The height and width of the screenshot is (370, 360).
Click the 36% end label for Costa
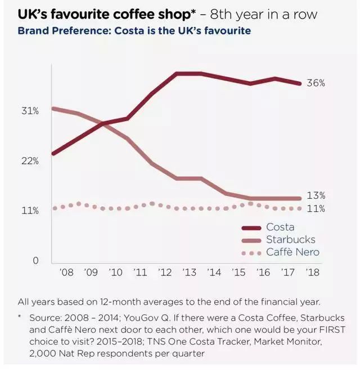[x=316, y=83]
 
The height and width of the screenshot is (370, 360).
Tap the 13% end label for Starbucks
[x=316, y=196]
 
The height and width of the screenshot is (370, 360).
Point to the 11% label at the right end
[x=316, y=208]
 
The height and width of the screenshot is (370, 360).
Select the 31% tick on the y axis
[x=30, y=111]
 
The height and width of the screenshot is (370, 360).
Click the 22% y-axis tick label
[x=30, y=161]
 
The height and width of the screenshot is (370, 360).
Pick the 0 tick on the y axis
[x=35, y=261]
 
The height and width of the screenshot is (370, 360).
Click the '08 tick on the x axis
[x=66, y=273]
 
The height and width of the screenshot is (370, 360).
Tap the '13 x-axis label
[x=190, y=273]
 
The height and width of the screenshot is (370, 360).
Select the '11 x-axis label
[x=141, y=273]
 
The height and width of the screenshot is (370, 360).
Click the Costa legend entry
[x=280, y=228]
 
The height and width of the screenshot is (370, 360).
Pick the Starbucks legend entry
[x=290, y=240]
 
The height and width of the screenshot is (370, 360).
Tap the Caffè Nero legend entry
[x=292, y=252]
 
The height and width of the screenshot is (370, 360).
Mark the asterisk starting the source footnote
[x=20, y=316]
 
